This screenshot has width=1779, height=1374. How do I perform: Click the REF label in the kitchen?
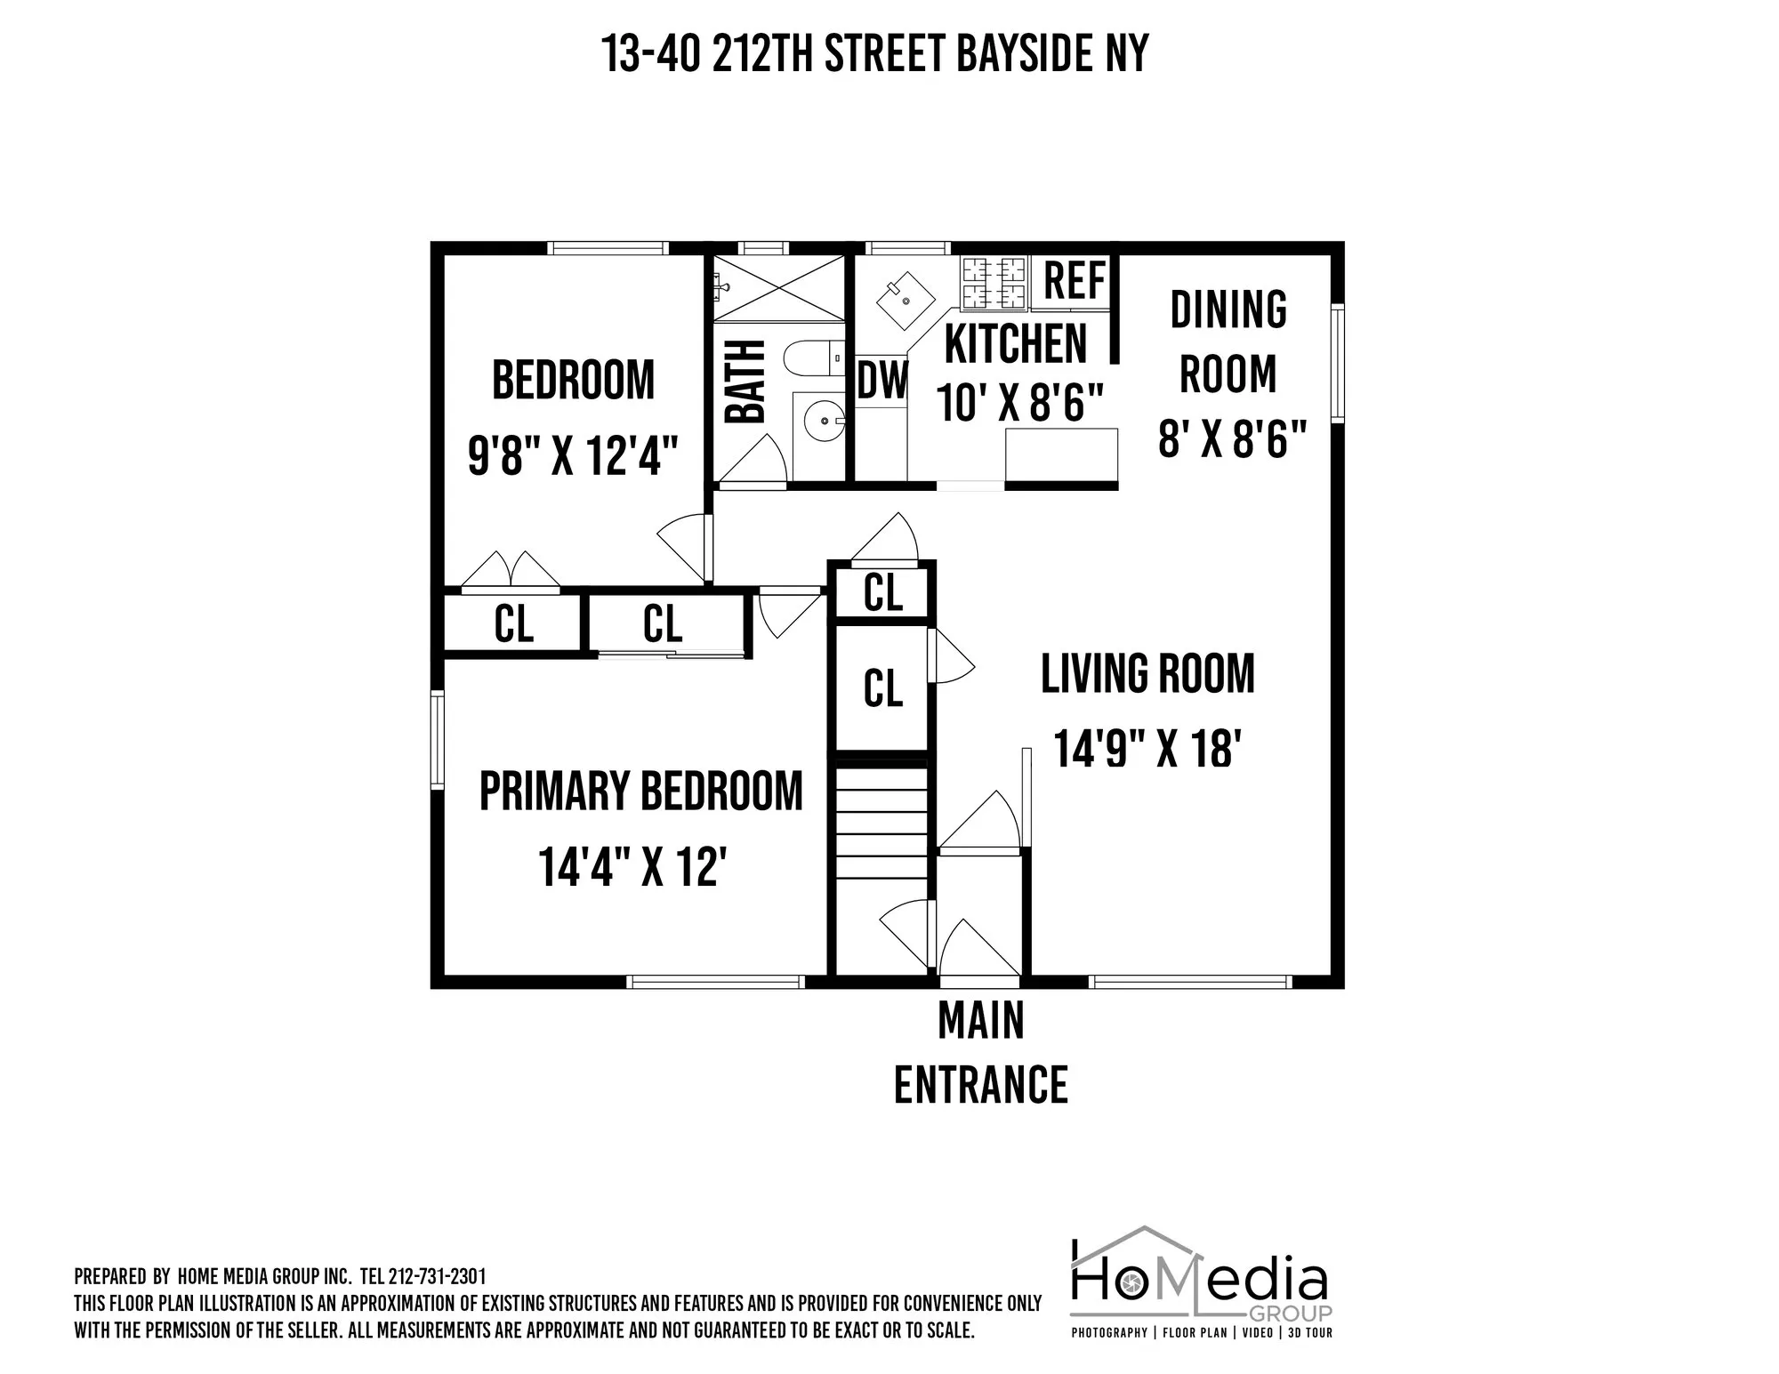pyautogui.click(x=1075, y=281)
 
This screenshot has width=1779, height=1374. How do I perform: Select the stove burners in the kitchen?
pyautogui.click(x=993, y=282)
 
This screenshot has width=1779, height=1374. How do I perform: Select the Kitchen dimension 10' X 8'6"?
pyautogui.click(x=1019, y=403)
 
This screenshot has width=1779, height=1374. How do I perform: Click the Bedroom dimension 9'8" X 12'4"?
pyautogui.click(x=573, y=456)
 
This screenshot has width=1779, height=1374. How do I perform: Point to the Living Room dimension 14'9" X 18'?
pyautogui.click(x=1147, y=748)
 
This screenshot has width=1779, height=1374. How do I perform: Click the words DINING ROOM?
pyautogui.click(x=1228, y=341)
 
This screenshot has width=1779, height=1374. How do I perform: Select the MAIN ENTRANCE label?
pyautogui.click(x=981, y=1053)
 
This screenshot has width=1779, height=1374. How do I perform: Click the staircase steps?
pyautogui.click(x=881, y=823)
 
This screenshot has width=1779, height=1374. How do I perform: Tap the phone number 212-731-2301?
pyautogui.click(x=437, y=1277)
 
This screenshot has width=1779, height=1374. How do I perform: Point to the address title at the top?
pyautogui.click(x=875, y=53)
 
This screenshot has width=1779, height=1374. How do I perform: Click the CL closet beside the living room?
pyautogui.click(x=882, y=688)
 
